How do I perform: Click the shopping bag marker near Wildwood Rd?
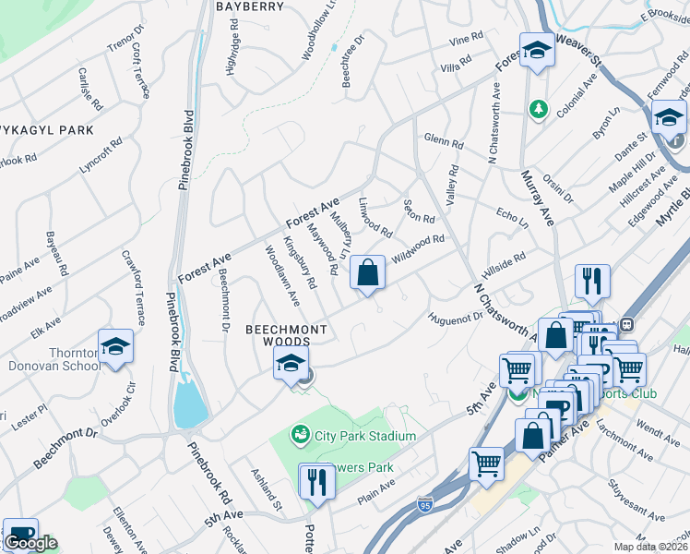[x=367, y=274]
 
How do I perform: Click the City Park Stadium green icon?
[x=300, y=434]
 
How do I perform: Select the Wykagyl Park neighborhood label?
[x=46, y=130]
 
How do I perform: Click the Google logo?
[x=30, y=543]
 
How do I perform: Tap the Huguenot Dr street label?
[x=455, y=318]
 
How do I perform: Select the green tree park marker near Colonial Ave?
[x=538, y=110]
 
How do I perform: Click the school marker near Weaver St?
[x=535, y=52]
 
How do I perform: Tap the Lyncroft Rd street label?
[x=101, y=158]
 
